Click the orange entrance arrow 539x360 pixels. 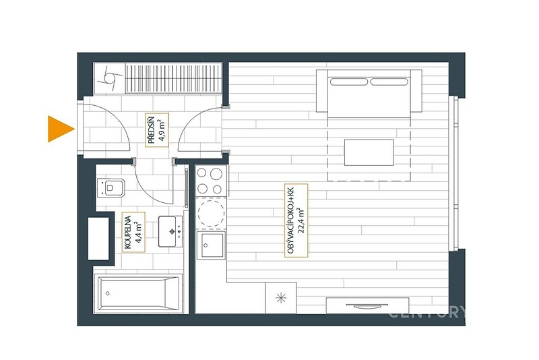[x=59, y=129]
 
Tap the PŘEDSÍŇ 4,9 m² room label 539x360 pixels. [x=157, y=130]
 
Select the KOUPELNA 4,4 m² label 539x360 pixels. [x=133, y=232]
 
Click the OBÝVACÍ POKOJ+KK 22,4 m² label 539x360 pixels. [x=296, y=220]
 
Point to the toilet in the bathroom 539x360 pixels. [x=110, y=187]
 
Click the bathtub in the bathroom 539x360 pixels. [x=138, y=294]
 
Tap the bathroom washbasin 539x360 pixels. [x=170, y=231]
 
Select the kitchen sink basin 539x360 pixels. [x=211, y=245]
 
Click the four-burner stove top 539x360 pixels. [x=211, y=181]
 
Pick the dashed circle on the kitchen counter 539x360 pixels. [x=211, y=214]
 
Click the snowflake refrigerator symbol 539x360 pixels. [x=281, y=298]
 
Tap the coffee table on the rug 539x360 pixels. [x=369, y=152]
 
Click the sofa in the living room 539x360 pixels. [x=369, y=91]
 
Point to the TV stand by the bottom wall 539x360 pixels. [x=367, y=305]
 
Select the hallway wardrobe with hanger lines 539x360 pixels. [x=174, y=78]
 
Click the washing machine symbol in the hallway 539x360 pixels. [x=110, y=78]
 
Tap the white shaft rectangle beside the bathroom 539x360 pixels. [x=98, y=238]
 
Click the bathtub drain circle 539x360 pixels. [x=108, y=293]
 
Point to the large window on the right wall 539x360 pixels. [x=453, y=174]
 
